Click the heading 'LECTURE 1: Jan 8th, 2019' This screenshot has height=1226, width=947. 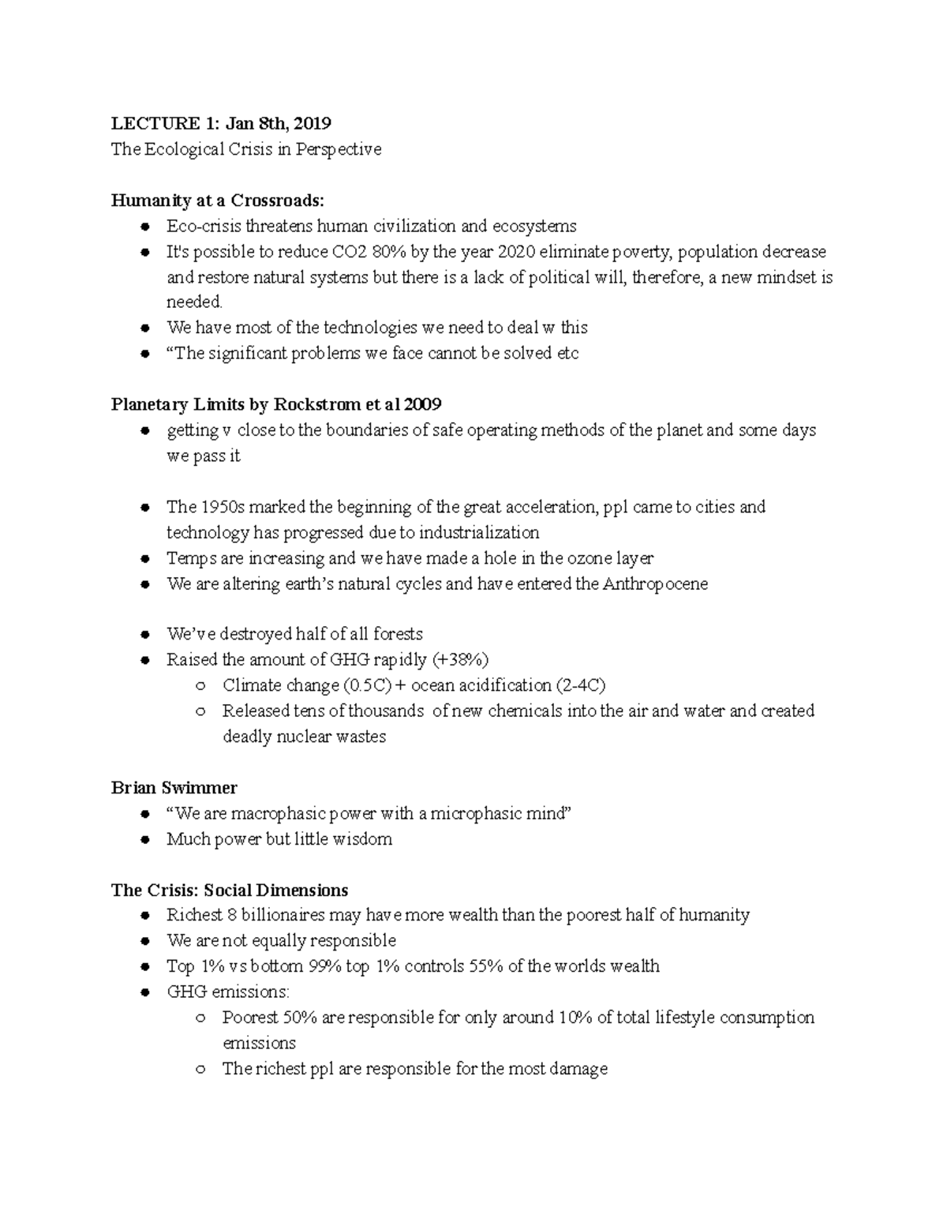pos(221,123)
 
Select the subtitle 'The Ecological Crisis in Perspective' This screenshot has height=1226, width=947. pos(245,149)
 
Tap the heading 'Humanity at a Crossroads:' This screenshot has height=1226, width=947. pos(218,201)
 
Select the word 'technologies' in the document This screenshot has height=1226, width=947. pos(370,328)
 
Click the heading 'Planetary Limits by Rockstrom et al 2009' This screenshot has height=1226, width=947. pos(276,404)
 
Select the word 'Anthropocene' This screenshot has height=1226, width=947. pos(655,584)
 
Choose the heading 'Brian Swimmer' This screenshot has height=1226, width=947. pos(174,787)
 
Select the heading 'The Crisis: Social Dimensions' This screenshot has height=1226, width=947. pos(230,890)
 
